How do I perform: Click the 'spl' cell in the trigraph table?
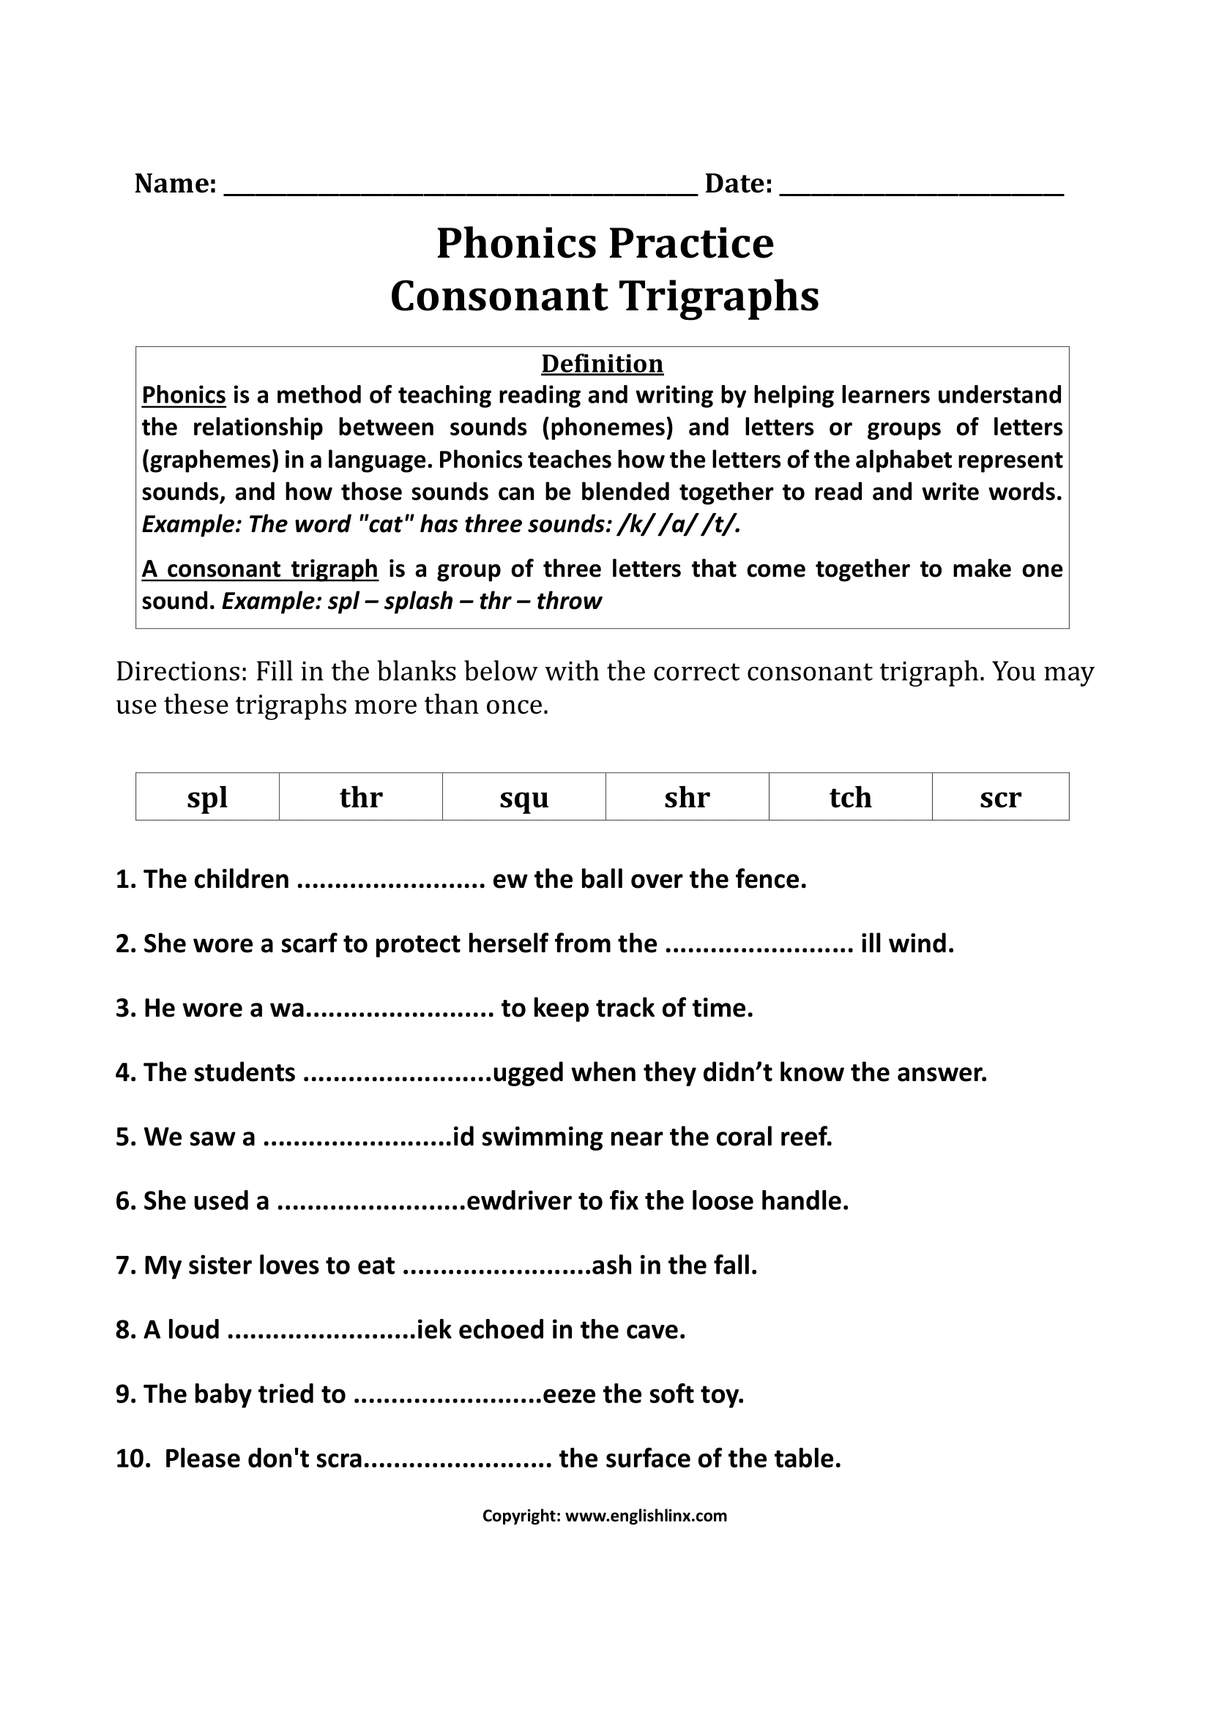(x=207, y=797)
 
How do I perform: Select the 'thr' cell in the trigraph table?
(x=361, y=797)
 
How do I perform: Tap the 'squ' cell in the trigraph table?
(x=524, y=797)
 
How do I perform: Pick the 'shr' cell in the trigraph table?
(x=687, y=797)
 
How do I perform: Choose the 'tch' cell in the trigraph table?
(x=850, y=797)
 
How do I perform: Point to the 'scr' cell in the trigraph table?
(x=1000, y=797)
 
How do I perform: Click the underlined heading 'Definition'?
(x=602, y=364)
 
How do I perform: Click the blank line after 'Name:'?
(x=460, y=187)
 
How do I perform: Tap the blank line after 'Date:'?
(x=921, y=187)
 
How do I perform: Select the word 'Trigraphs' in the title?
(x=720, y=296)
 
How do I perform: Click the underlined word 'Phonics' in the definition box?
(x=184, y=395)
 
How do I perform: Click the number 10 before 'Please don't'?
(x=130, y=1459)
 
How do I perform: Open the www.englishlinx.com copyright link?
(x=646, y=1516)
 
